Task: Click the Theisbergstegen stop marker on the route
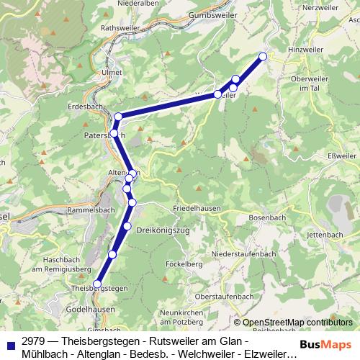[97, 284]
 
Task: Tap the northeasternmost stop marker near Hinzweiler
[263, 56]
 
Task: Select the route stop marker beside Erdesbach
[118, 117]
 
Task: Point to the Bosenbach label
[267, 217]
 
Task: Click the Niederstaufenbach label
[245, 255]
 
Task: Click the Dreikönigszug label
[163, 230]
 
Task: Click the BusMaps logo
[325, 346]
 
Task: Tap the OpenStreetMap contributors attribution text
[297, 323]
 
